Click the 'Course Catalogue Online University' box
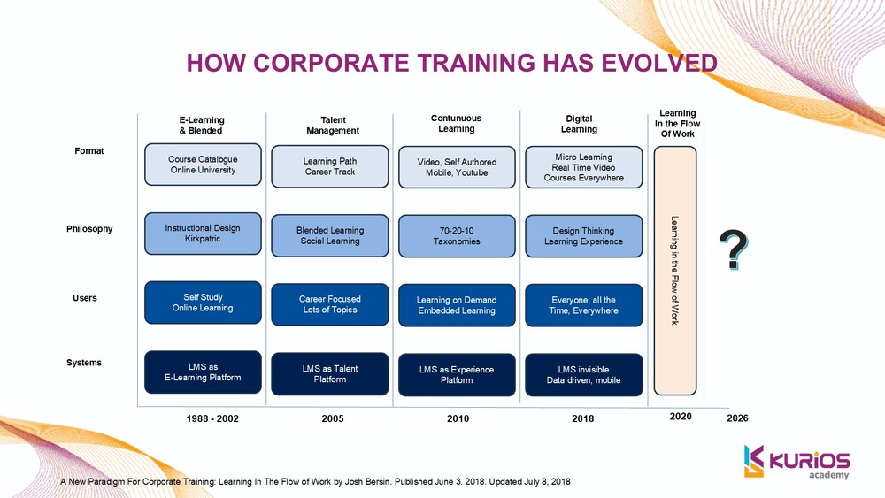203,165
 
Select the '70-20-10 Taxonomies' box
457,236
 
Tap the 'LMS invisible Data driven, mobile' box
583,374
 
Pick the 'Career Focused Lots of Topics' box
329,304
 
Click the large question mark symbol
734,249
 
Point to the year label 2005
333,418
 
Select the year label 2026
737,418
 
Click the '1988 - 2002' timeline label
212,418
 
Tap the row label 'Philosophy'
89,228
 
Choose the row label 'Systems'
83,362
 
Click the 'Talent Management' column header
333,126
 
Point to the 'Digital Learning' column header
579,124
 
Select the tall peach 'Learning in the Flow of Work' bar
675,271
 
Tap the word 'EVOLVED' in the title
659,63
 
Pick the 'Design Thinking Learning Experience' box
583,236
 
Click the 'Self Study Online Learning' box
203,303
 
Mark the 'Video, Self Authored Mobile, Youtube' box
457,167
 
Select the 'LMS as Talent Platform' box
329,374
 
